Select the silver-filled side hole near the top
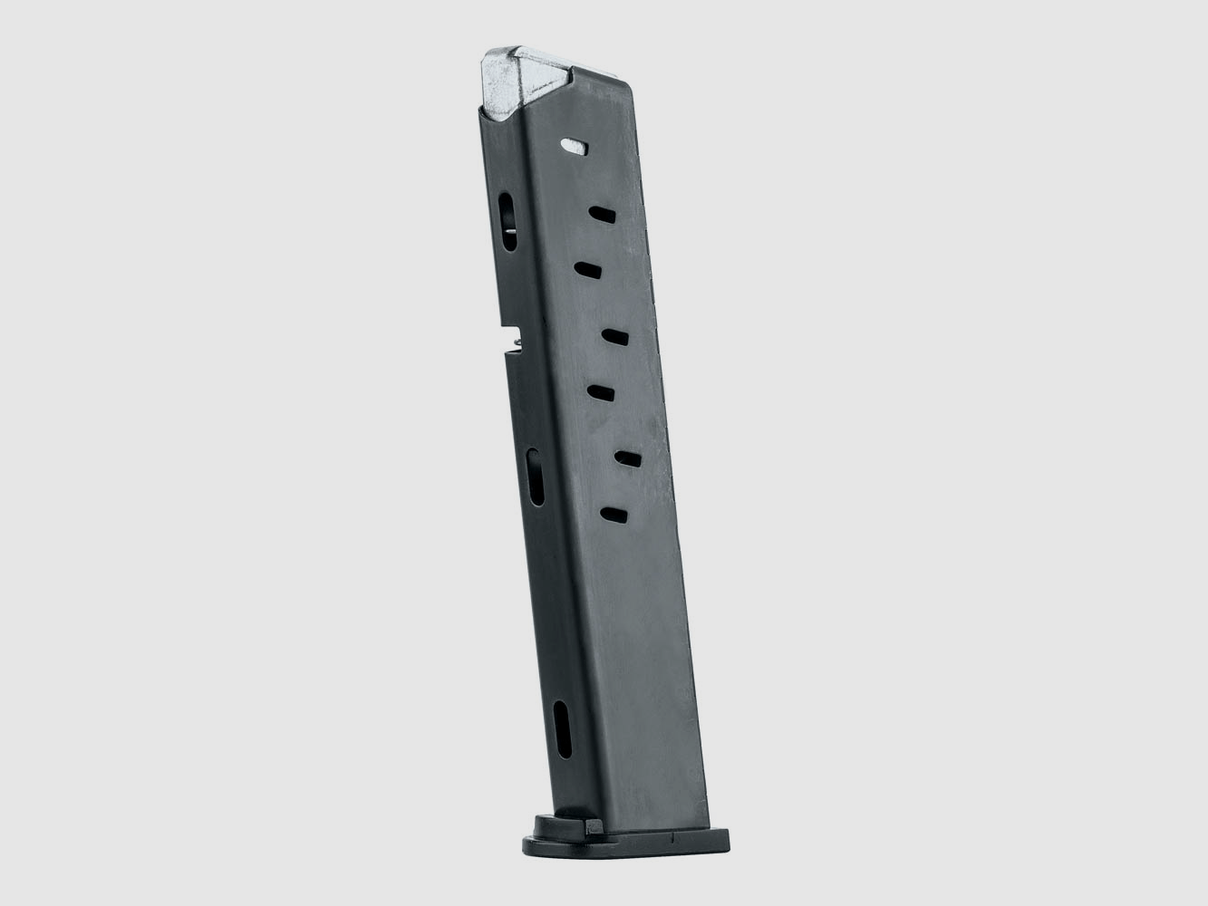[x=574, y=144]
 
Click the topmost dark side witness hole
[x=601, y=214]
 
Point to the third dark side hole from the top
[x=615, y=337]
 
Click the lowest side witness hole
[x=615, y=515]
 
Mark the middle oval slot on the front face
[x=536, y=477]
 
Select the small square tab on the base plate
[x=593, y=825]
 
